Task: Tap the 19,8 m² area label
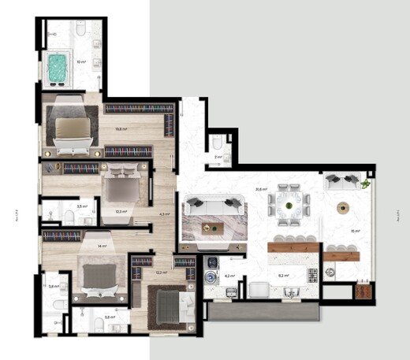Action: pyautogui.click(x=121, y=129)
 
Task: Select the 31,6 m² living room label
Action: pyautogui.click(x=260, y=189)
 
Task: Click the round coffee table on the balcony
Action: pyautogui.click(x=343, y=209)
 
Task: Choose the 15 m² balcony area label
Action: pyautogui.click(x=356, y=231)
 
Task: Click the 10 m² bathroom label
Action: pyautogui.click(x=80, y=61)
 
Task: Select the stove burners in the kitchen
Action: pyautogui.click(x=312, y=275)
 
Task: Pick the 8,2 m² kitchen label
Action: pyautogui.click(x=283, y=275)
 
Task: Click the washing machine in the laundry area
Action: pyautogui.click(x=210, y=276)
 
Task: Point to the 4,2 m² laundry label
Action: pyautogui.click(x=229, y=276)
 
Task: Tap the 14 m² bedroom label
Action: pyautogui.click(x=102, y=247)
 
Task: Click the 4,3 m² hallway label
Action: pyautogui.click(x=165, y=213)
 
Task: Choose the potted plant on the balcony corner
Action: pyautogui.click(x=366, y=184)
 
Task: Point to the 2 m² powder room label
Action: pyautogui.click(x=218, y=157)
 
